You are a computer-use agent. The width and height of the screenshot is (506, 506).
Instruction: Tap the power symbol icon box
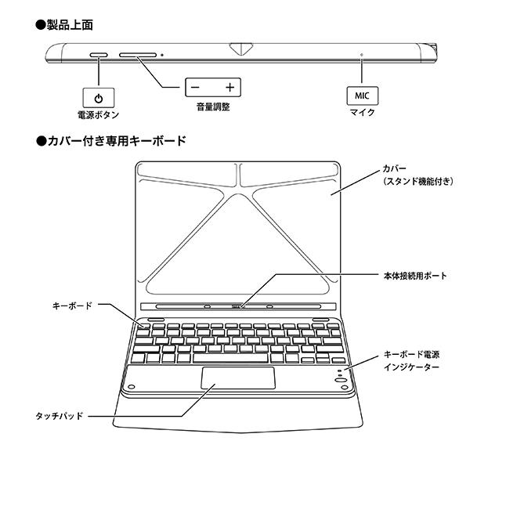tap(97, 98)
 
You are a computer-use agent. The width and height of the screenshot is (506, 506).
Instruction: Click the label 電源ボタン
tap(98, 115)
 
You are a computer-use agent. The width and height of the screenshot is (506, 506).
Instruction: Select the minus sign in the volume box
tap(196, 87)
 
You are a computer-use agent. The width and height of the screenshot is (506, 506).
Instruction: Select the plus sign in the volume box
tap(230, 87)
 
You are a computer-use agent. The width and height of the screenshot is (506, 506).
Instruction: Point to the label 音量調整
tap(212, 107)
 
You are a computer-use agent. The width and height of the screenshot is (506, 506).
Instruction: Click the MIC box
tap(361, 96)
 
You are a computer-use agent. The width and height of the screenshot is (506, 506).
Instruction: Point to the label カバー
tap(395, 168)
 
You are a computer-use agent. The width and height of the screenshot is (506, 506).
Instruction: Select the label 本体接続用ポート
tap(414, 276)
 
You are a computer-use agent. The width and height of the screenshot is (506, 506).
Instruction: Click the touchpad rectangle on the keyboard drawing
tap(238, 378)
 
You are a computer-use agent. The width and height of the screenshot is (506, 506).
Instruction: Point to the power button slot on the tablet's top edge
tap(99, 55)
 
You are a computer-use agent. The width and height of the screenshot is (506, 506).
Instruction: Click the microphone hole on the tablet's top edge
tap(361, 55)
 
